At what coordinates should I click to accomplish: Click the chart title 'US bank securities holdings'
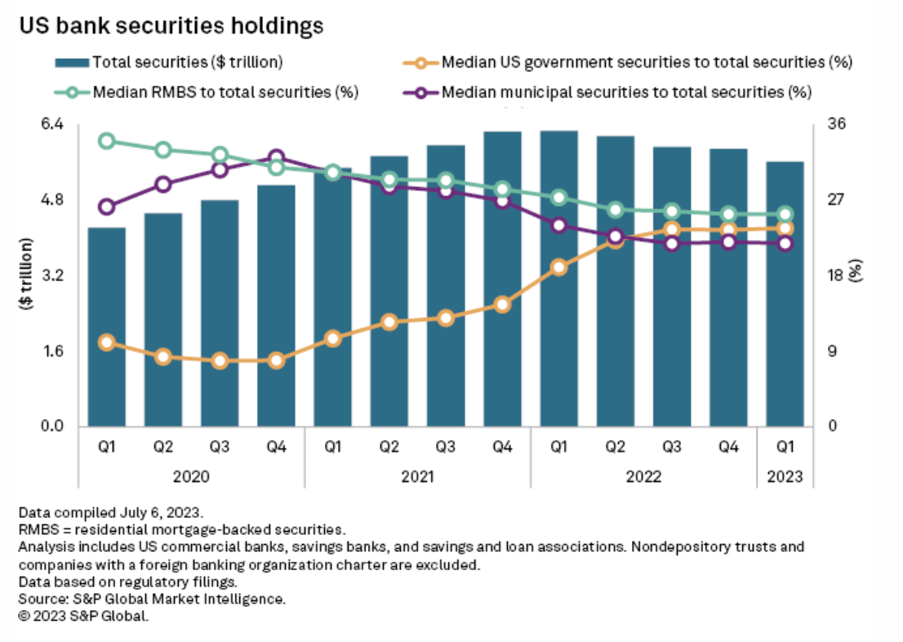click(171, 26)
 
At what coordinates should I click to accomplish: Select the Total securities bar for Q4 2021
click(502, 278)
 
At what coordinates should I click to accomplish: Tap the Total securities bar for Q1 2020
click(106, 327)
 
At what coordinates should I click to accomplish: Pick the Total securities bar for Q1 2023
click(785, 294)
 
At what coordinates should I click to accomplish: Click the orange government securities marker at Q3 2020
click(220, 361)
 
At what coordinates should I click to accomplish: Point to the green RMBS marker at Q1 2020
click(106, 141)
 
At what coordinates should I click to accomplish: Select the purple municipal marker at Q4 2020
click(276, 158)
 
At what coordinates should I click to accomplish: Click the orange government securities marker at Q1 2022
click(558, 267)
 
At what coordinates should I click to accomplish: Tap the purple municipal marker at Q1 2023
click(785, 243)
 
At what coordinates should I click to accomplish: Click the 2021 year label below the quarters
click(417, 476)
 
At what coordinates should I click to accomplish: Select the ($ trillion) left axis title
click(28, 274)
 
